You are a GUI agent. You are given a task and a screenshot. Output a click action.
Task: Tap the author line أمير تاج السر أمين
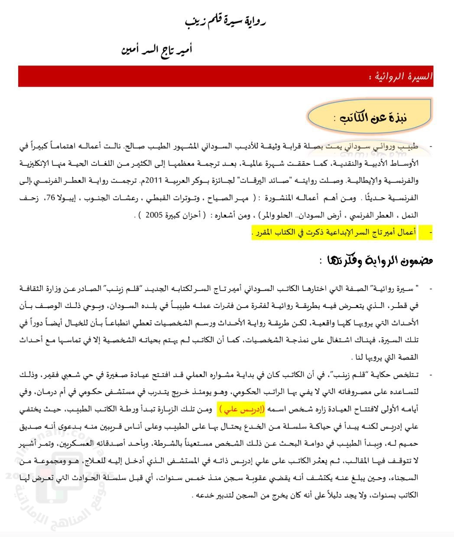point(157,50)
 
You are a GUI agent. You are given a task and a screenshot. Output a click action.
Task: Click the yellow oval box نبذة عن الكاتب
point(369,116)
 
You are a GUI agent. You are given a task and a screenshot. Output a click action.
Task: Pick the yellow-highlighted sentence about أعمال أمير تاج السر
point(334,232)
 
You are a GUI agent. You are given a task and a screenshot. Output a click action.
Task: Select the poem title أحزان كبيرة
point(190,215)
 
